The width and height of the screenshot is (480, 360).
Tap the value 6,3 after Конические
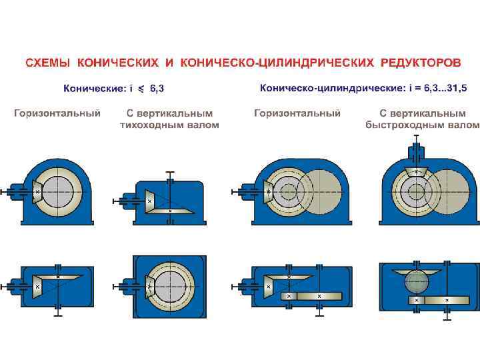[x=159, y=87]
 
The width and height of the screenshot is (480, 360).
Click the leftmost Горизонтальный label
[x=57, y=113]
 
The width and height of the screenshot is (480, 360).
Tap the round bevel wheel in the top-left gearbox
[x=61, y=189]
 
